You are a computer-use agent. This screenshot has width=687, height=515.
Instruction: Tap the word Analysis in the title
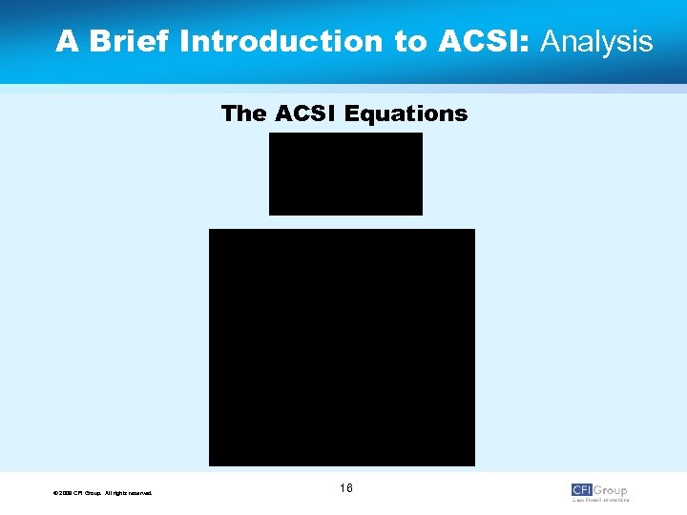[x=597, y=42]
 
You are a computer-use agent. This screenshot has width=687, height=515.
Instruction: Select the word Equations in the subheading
[x=406, y=114]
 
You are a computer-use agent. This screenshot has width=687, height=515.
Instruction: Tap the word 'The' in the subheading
[x=243, y=114]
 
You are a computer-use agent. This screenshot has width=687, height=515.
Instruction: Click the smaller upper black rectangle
[x=345, y=174]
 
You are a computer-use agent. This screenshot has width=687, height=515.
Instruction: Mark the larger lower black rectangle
[x=342, y=347]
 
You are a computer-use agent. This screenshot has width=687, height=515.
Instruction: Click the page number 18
[x=345, y=488]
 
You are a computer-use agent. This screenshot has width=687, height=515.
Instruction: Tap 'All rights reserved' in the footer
[x=128, y=493]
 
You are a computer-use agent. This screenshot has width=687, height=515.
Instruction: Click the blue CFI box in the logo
[x=582, y=490]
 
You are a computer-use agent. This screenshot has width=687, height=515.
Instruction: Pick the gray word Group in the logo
[x=611, y=490]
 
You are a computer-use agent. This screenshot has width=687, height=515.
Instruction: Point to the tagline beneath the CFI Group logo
[x=600, y=500]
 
